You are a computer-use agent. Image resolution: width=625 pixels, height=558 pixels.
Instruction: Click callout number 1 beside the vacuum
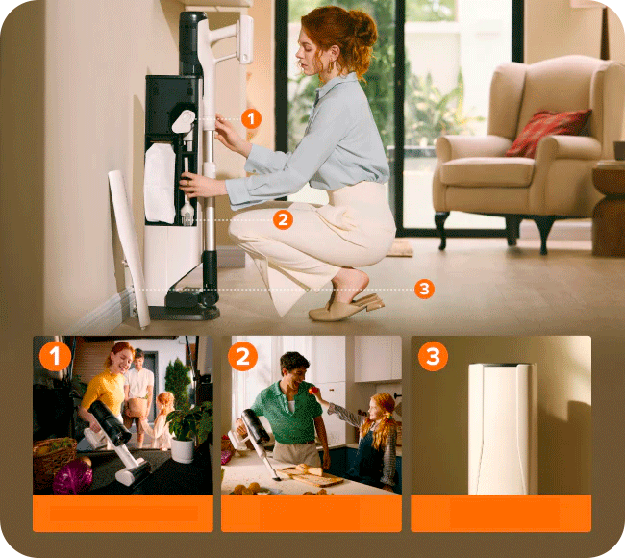click(x=251, y=119)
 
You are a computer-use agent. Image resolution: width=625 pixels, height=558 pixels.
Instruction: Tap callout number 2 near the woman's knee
click(x=283, y=219)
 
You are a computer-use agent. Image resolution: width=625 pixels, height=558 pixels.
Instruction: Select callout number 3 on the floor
click(x=424, y=289)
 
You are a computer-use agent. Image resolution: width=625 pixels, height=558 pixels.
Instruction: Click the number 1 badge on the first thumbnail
click(x=55, y=356)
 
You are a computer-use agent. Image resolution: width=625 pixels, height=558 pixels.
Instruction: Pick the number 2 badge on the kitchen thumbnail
click(x=242, y=356)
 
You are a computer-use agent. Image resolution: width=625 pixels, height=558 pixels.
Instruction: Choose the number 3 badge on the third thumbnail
click(x=433, y=356)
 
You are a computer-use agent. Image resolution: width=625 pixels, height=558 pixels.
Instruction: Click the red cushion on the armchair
click(x=548, y=133)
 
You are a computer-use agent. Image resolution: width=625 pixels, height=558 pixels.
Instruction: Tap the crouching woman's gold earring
click(x=331, y=66)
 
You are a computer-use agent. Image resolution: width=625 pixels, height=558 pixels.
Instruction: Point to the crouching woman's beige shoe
click(x=346, y=308)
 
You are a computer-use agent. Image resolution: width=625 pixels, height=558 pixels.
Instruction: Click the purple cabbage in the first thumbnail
click(x=72, y=476)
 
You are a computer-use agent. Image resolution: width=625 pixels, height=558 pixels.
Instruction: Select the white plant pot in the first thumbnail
click(x=182, y=450)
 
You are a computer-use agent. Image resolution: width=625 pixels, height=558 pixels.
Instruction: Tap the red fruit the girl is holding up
click(x=314, y=390)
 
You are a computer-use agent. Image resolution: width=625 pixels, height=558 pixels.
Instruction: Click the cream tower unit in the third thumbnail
click(x=502, y=428)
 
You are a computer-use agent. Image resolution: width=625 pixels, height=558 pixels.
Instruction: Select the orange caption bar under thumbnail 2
click(x=312, y=513)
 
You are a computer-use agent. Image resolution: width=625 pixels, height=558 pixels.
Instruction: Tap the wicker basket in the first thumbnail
click(x=54, y=459)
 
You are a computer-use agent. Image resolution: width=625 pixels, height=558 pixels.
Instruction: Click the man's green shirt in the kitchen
click(x=287, y=412)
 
